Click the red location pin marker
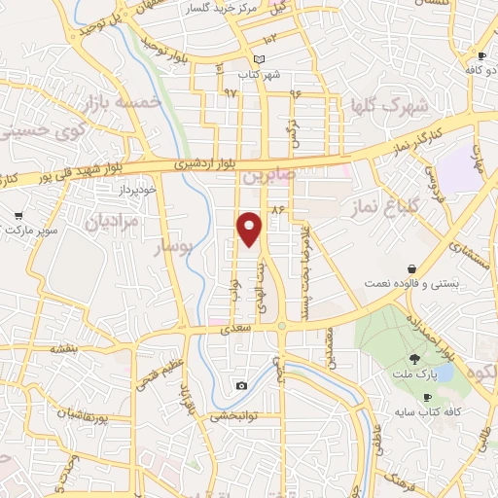(251, 228)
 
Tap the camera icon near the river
(241, 386)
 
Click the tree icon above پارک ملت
(415, 359)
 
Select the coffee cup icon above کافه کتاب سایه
(427, 398)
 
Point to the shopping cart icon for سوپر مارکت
(18, 216)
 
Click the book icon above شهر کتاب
(257, 59)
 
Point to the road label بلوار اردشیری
(207, 165)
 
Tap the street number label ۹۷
(230, 92)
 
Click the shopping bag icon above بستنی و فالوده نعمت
(413, 267)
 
